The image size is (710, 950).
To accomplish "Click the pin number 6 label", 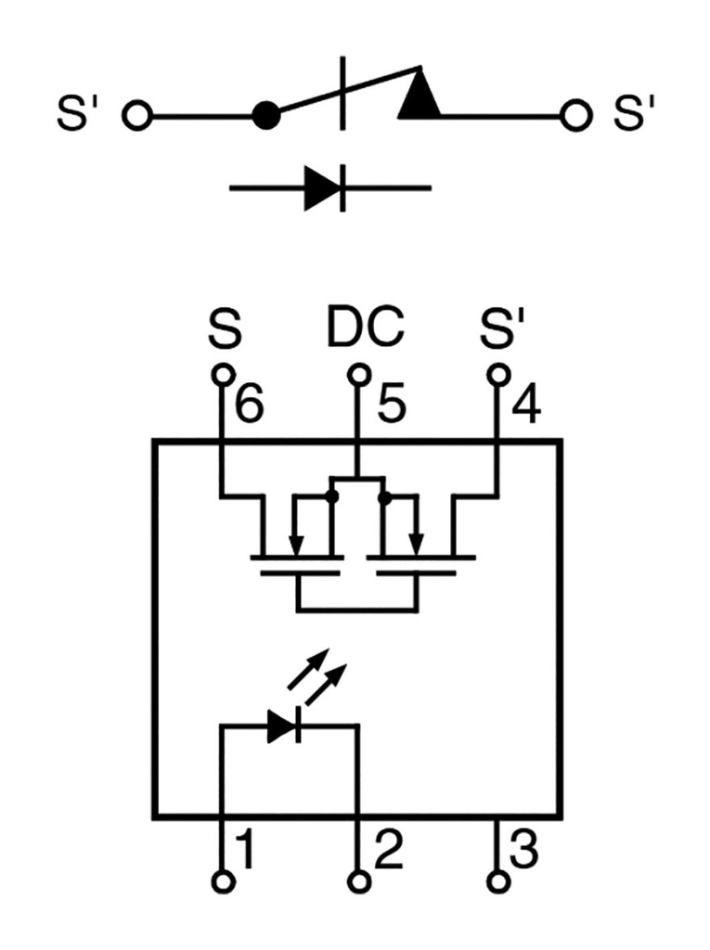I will pos(250,405).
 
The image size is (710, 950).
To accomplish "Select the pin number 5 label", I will pos(390,405).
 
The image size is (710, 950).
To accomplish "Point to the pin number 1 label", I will pos(245,850).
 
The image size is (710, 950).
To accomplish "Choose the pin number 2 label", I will pos(388,850).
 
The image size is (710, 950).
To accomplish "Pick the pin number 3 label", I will pos(524,850).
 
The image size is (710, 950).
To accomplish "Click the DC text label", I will pos(366,327).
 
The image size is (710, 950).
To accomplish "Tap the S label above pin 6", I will pos(224,327).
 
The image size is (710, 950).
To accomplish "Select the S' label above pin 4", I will pos(501,327).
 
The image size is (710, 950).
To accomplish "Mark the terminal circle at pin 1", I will pos(223,881).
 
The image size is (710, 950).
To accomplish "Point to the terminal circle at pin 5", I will pos(359,374).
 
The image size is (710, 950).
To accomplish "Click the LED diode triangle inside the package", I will pos(281,726).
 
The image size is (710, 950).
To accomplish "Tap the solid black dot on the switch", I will pos(266,117).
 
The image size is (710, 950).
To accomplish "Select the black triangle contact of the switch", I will pos(420,97).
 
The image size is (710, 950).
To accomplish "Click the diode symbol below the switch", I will pos(325,187).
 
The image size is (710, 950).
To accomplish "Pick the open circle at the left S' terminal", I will pos(137,117).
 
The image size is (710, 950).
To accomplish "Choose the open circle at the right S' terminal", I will pos(575,117).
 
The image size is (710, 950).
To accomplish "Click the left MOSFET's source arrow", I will pos(294,543).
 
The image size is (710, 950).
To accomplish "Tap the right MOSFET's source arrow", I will pos(418,543).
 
